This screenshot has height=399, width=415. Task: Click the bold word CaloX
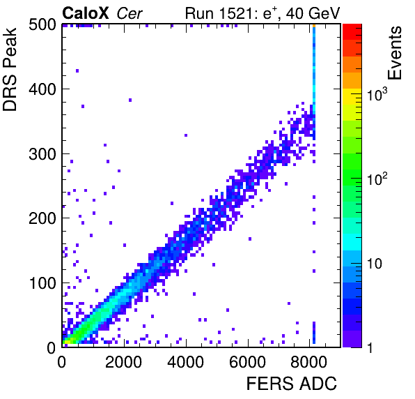point(86,13)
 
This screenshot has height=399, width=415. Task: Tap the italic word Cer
point(130,13)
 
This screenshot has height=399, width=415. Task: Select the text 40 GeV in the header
point(313,13)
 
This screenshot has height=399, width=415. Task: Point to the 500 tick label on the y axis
point(42,25)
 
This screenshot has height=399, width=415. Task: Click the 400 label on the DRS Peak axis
point(42,89)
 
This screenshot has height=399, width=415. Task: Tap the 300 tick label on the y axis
point(42,154)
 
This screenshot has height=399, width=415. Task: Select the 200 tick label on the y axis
point(42,218)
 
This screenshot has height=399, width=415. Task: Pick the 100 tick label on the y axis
point(42,283)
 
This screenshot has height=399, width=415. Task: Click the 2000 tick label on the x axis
point(124,362)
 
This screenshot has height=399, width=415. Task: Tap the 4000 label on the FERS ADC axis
point(185,362)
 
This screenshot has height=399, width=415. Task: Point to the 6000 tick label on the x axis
point(247,362)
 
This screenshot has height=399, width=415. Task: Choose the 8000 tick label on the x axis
point(309,362)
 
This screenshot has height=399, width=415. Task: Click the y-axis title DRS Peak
point(10,69)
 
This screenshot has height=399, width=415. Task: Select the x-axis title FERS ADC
point(292,384)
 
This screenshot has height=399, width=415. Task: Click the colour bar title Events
point(395,53)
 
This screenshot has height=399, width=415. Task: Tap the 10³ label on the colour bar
point(377,94)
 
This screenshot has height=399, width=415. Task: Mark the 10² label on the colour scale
point(377,179)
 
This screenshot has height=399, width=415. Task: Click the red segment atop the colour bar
point(352,32)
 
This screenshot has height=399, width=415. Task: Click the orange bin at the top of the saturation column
point(314,26)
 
